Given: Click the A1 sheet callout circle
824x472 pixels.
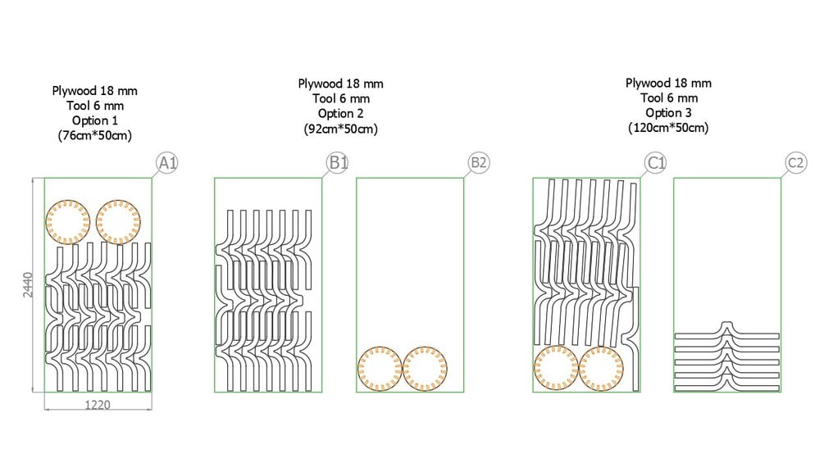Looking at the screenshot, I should (167, 164).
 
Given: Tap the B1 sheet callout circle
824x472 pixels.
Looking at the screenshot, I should (338, 163).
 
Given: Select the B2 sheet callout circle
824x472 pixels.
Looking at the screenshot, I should (479, 163).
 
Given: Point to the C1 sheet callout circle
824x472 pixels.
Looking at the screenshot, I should (656, 163).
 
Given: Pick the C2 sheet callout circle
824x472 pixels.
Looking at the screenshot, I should (795, 163).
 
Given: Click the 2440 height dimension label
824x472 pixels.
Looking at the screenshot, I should (28, 284).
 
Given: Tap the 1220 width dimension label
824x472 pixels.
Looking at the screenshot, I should (96, 404).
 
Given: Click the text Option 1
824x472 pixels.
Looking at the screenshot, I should (96, 120).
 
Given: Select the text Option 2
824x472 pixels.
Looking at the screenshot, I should (340, 114).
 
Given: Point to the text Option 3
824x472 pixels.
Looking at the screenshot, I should (668, 113).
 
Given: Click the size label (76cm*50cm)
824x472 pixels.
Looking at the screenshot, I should (96, 135).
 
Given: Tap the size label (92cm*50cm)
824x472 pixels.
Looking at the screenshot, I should (340, 129).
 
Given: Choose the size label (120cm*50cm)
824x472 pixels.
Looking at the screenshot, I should (668, 128).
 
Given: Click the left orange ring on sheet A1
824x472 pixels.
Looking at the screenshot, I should (68, 221).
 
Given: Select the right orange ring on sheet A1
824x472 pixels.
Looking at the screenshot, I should (118, 221).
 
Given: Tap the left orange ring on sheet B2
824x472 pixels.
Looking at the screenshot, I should (380, 369).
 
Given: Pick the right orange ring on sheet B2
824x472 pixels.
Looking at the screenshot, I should (426, 369).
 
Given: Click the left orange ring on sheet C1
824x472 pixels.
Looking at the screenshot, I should (556, 368).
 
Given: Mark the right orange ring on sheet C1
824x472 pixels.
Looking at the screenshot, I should (602, 368).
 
